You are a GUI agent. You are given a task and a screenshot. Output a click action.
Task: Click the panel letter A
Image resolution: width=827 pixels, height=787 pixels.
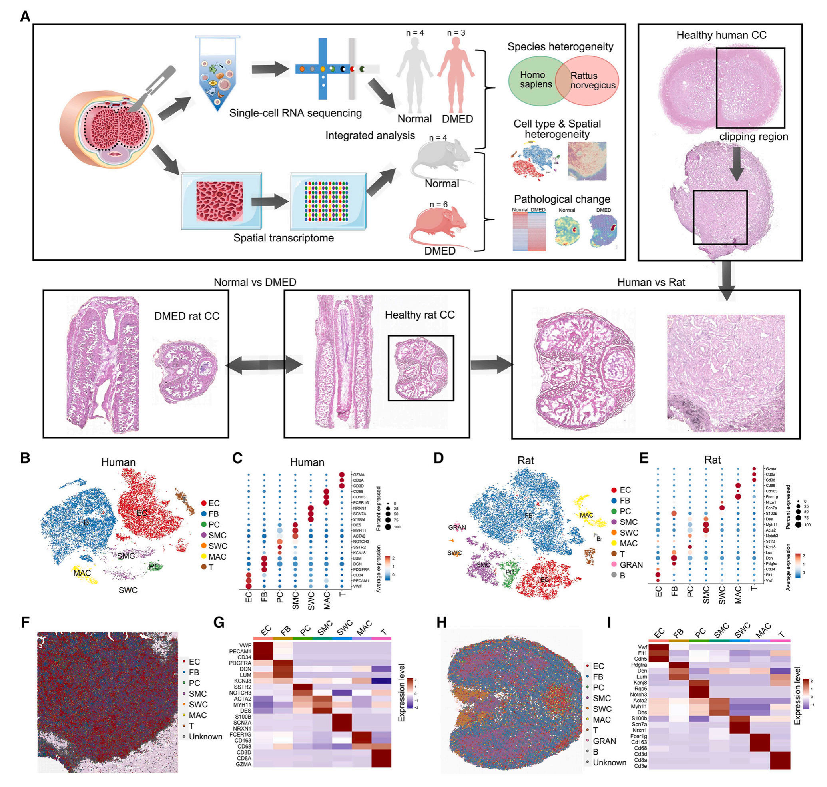point(25,16)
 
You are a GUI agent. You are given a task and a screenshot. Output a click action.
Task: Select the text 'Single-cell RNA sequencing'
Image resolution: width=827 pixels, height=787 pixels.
point(295,113)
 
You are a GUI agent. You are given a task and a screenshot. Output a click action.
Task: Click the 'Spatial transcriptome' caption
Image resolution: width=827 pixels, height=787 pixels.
point(284,238)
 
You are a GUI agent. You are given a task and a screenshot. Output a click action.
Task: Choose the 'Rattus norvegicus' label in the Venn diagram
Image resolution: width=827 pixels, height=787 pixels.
point(592,81)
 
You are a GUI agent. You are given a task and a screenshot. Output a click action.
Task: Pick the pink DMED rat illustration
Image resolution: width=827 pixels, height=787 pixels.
point(439,229)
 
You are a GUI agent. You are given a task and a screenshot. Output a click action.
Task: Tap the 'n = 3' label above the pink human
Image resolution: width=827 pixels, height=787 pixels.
point(456,33)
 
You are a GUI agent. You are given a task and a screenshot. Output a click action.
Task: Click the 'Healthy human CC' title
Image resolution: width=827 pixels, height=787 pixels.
point(721,35)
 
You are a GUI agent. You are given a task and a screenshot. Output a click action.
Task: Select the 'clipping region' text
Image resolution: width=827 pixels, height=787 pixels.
point(753,137)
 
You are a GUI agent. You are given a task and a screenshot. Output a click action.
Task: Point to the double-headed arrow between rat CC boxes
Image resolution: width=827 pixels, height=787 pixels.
point(264,365)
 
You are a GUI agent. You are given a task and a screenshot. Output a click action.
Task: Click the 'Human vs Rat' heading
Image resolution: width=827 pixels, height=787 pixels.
point(651,282)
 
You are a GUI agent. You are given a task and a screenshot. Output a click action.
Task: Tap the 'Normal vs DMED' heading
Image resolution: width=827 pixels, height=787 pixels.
point(255,282)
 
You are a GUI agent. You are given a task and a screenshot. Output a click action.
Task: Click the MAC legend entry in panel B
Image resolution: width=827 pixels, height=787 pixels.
point(217,557)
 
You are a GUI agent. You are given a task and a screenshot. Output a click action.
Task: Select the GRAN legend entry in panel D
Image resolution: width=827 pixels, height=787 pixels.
point(631,565)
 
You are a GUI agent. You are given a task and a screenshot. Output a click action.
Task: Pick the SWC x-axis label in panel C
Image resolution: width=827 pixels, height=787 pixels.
point(311,601)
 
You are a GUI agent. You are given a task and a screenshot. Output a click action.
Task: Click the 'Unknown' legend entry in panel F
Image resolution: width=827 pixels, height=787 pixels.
point(205,737)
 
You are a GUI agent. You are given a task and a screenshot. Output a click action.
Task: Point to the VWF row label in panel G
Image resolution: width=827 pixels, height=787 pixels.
point(245,645)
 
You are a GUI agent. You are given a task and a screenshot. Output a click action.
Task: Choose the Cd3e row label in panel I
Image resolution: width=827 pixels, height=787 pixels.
point(640,766)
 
